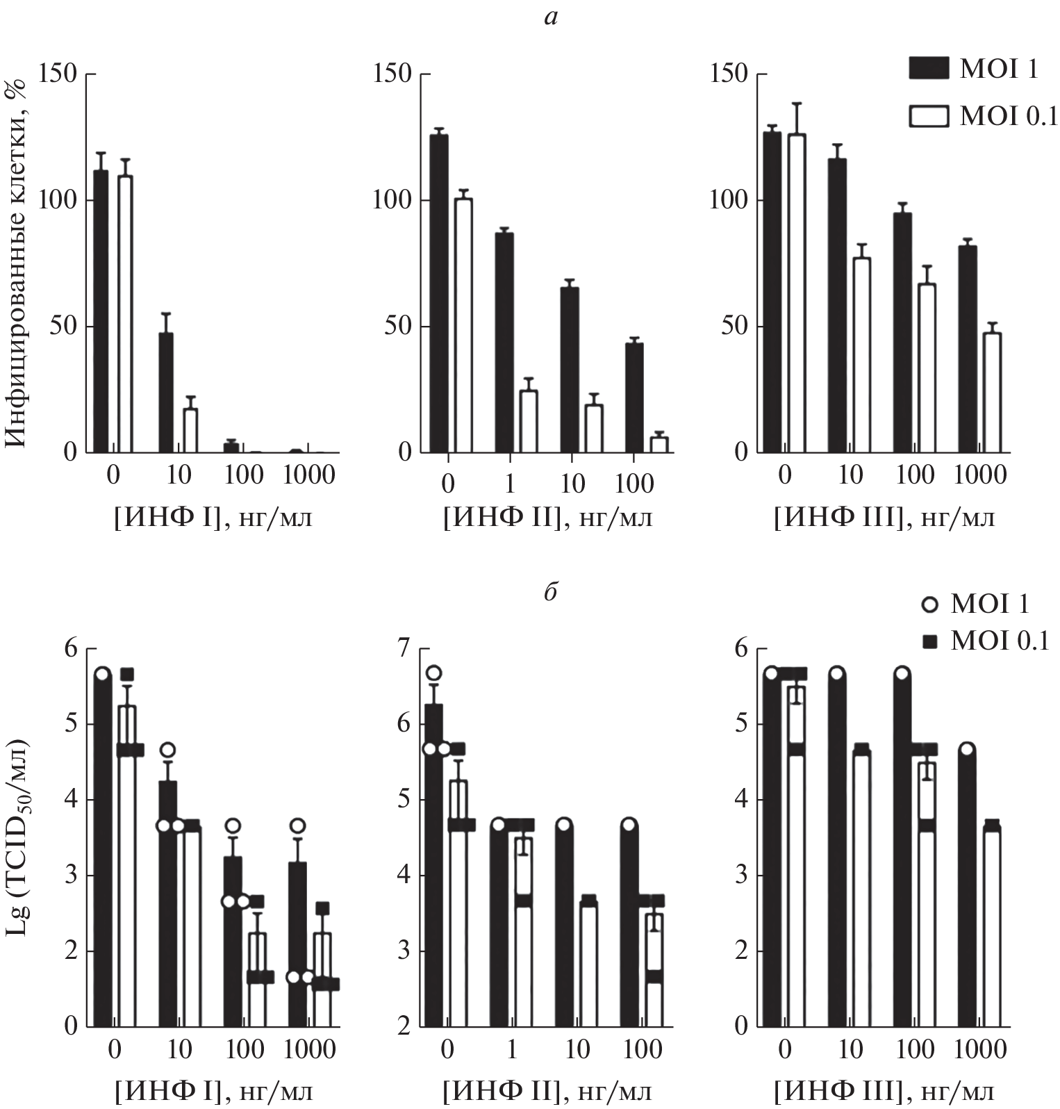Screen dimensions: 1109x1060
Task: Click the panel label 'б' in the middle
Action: coord(551,593)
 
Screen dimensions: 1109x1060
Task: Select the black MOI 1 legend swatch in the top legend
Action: coord(929,69)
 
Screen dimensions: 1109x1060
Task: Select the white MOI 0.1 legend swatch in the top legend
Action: coord(929,116)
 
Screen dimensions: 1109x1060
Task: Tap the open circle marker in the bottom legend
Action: coord(929,605)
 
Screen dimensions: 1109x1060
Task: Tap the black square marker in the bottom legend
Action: coord(929,643)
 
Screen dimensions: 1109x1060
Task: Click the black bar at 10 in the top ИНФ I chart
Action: coord(166,393)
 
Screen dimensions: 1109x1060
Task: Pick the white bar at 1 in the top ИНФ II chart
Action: coord(529,421)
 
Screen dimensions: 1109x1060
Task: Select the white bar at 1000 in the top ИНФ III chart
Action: coord(992,393)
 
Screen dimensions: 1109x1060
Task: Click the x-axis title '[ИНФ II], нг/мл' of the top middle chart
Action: coord(547,518)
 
